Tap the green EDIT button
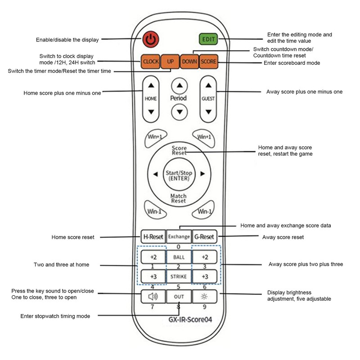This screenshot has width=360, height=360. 208,39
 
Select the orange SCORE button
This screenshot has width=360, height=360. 208,61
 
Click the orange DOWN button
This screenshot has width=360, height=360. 189,61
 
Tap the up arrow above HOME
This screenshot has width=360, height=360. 151,84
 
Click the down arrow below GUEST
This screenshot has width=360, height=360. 208,112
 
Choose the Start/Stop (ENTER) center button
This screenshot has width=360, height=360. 179,175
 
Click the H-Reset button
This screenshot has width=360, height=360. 153,237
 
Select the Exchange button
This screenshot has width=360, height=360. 179,237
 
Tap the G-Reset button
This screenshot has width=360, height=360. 204,237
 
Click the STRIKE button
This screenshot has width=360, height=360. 179,276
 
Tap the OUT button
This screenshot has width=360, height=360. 179,297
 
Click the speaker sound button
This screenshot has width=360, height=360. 153,297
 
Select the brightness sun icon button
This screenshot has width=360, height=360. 204,297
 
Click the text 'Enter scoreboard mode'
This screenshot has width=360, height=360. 292,63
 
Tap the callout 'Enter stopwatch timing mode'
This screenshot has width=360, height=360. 55,316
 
